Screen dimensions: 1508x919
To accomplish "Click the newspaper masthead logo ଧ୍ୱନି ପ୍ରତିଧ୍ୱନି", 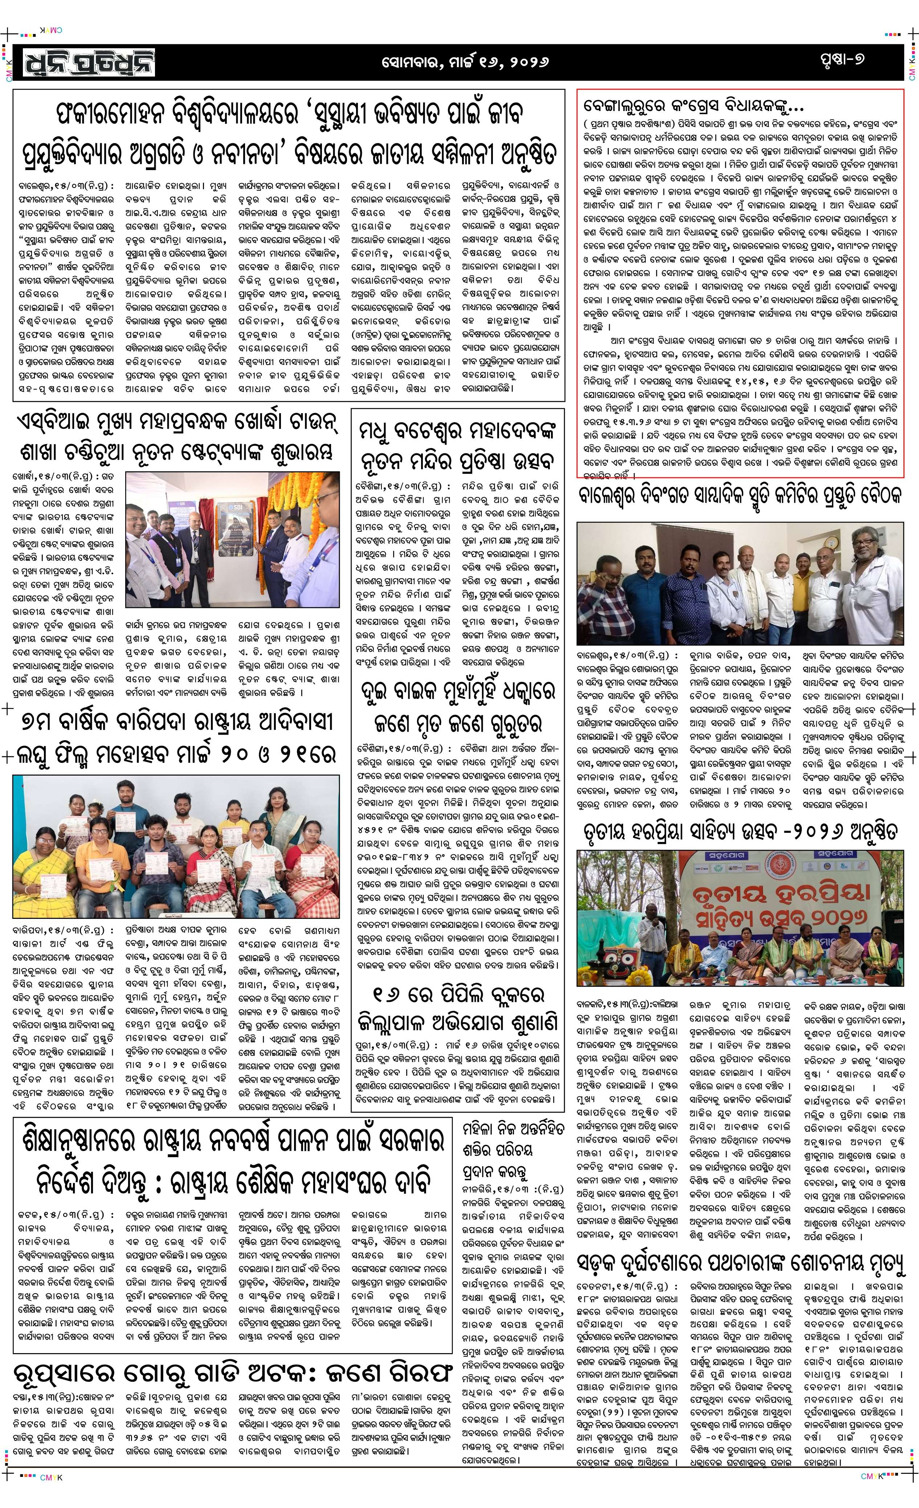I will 89,62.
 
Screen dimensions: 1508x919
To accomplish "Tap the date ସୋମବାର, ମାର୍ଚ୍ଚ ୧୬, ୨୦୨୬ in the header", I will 465,62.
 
